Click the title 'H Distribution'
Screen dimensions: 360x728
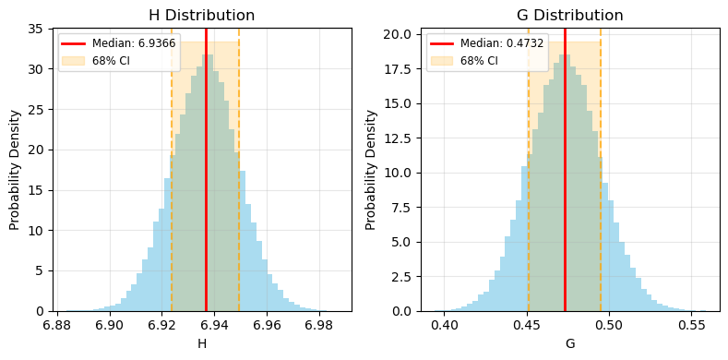(202, 15)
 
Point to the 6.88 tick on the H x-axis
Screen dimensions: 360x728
(58, 326)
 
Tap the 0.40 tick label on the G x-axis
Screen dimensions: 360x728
(446, 326)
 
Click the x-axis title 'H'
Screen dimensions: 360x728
(202, 344)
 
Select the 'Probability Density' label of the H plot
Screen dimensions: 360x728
(15, 170)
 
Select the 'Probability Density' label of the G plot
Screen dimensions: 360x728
(371, 170)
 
